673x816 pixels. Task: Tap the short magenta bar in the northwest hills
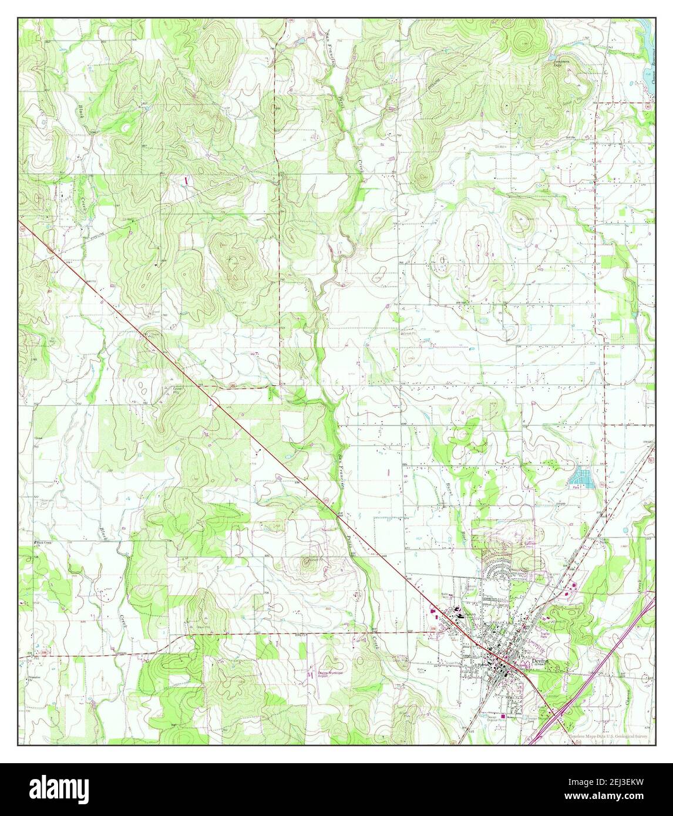coord(187,181)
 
